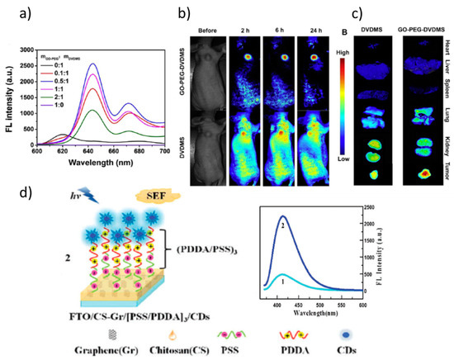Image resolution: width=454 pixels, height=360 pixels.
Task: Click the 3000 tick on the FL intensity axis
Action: pos(29,48)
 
